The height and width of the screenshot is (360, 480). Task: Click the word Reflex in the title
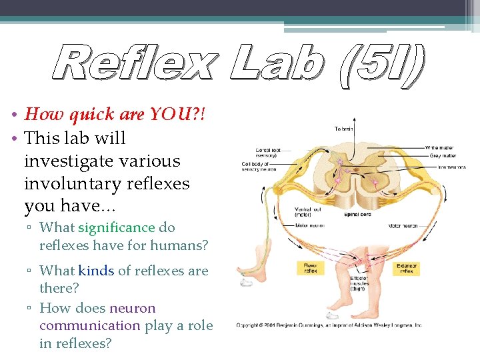coord(134,64)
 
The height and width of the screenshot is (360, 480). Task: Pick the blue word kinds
coord(96,271)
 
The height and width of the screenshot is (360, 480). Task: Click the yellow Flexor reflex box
coord(310,268)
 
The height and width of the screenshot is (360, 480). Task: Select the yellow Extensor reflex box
coord(407,268)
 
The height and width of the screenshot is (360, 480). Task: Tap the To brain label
coord(344,128)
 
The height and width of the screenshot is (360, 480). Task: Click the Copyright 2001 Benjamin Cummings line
coord(329,325)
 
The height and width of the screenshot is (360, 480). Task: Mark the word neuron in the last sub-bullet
coord(132,309)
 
